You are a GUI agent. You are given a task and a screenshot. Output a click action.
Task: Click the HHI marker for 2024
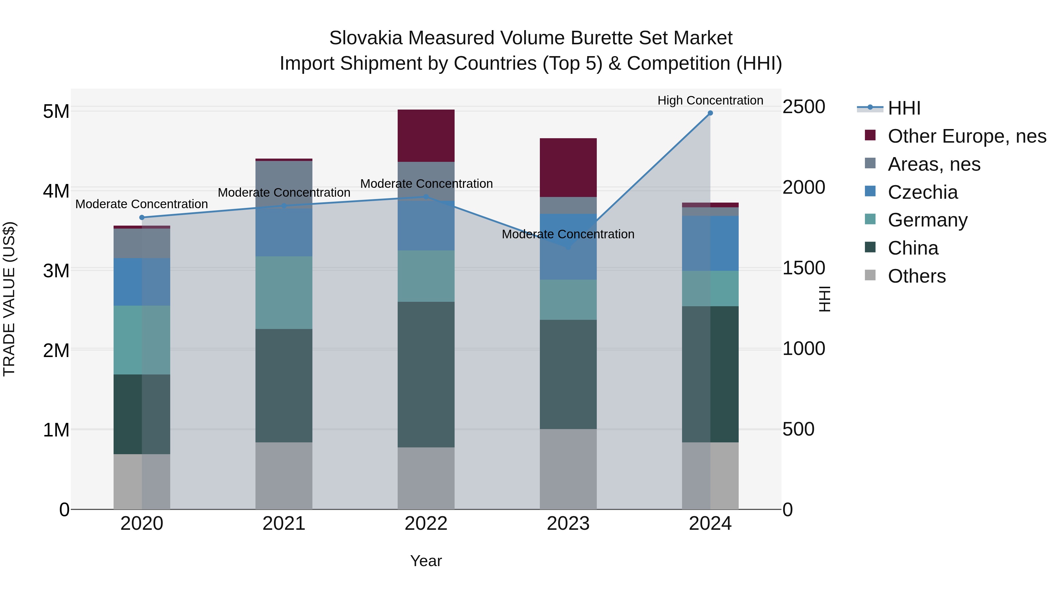tap(710, 113)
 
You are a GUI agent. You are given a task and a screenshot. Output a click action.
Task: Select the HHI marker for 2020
tap(142, 217)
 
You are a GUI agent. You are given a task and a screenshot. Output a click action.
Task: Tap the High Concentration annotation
tap(710, 101)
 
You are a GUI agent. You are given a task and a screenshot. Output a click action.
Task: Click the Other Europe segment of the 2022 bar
tap(426, 136)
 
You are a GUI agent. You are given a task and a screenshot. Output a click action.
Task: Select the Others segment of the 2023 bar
tap(568, 469)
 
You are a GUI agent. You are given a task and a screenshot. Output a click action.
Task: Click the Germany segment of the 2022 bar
tap(426, 276)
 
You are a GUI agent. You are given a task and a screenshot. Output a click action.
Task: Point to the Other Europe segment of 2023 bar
tap(568, 167)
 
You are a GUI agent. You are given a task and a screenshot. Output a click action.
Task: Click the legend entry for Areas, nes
tap(933, 164)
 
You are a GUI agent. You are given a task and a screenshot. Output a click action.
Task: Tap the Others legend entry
tap(917, 276)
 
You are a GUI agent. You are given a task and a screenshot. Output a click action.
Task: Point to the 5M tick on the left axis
tap(56, 111)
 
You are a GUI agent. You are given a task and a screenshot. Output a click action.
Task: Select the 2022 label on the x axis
tap(426, 524)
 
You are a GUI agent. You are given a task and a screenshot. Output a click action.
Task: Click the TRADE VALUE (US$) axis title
tap(9, 299)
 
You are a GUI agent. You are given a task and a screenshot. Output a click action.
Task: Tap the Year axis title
tap(426, 561)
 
